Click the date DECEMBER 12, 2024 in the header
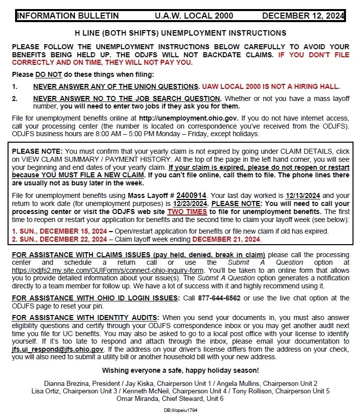303,16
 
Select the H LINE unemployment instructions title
180,33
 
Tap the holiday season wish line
180,370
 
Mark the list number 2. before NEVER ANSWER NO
15,98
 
